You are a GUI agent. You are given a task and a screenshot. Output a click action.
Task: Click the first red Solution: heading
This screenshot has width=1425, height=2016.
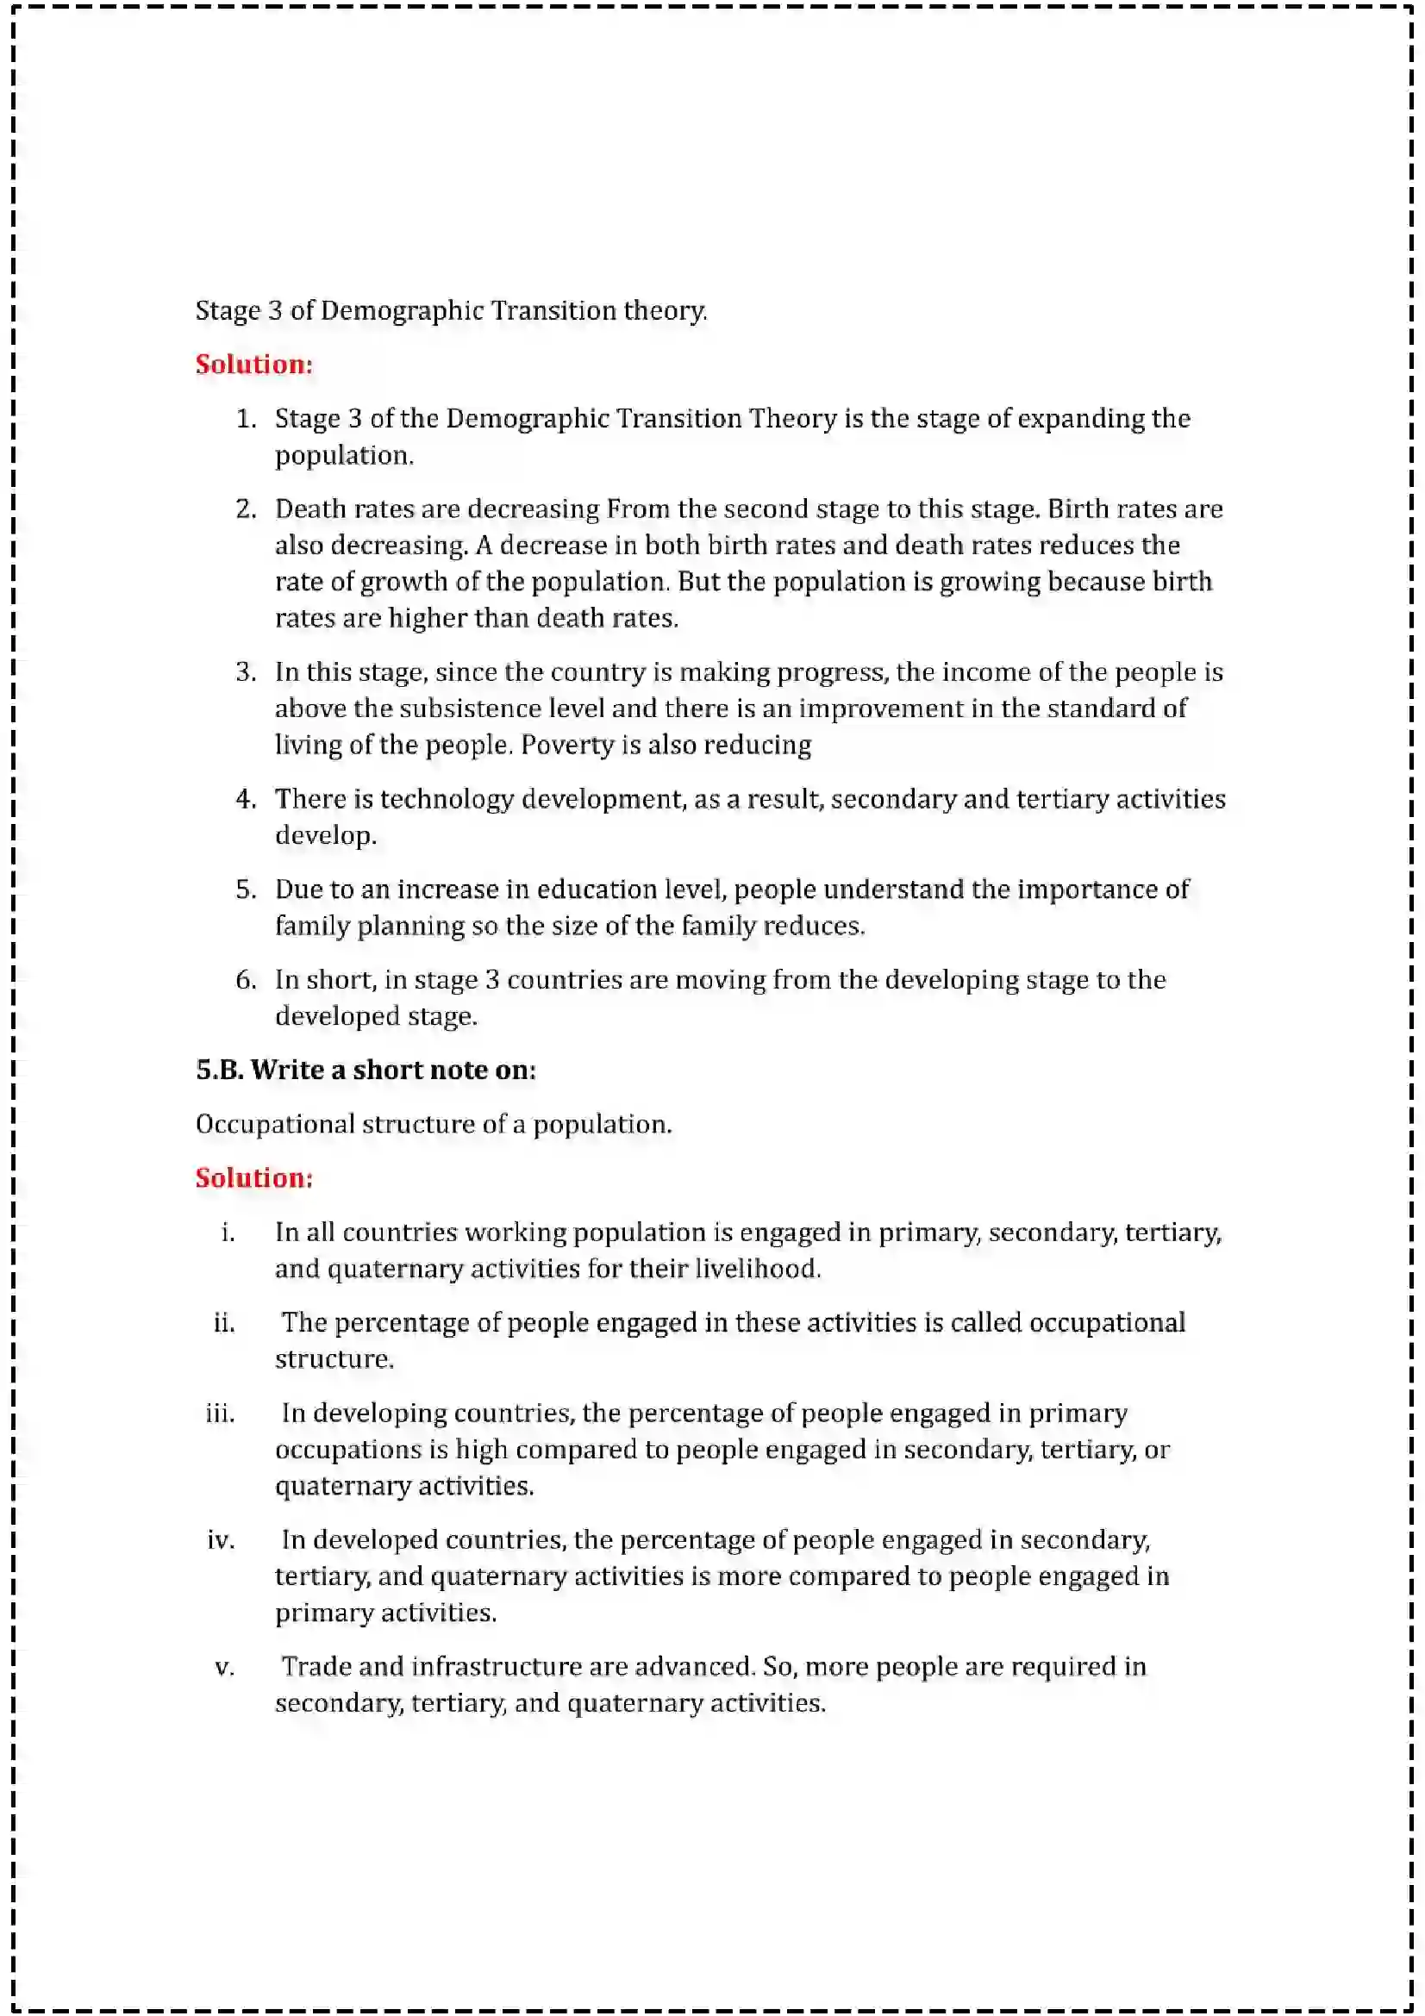[x=253, y=364]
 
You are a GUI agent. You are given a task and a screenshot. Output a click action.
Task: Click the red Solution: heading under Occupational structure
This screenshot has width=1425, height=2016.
[x=253, y=1177]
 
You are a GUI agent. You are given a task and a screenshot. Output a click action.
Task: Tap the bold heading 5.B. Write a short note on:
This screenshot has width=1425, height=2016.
[x=366, y=1070]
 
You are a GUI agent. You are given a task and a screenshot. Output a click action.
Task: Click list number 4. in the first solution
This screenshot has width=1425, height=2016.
[x=246, y=798]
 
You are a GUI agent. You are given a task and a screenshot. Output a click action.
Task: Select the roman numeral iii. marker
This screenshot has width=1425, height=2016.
[x=221, y=1413]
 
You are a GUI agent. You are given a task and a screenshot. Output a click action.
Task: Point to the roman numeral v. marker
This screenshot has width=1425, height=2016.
[x=225, y=1667]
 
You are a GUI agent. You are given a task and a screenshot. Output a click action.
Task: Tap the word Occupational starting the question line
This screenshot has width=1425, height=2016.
[x=275, y=1125]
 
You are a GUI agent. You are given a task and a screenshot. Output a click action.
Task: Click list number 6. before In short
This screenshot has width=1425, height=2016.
[x=246, y=979]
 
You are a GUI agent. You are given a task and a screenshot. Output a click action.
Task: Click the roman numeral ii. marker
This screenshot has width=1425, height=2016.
[x=224, y=1322]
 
